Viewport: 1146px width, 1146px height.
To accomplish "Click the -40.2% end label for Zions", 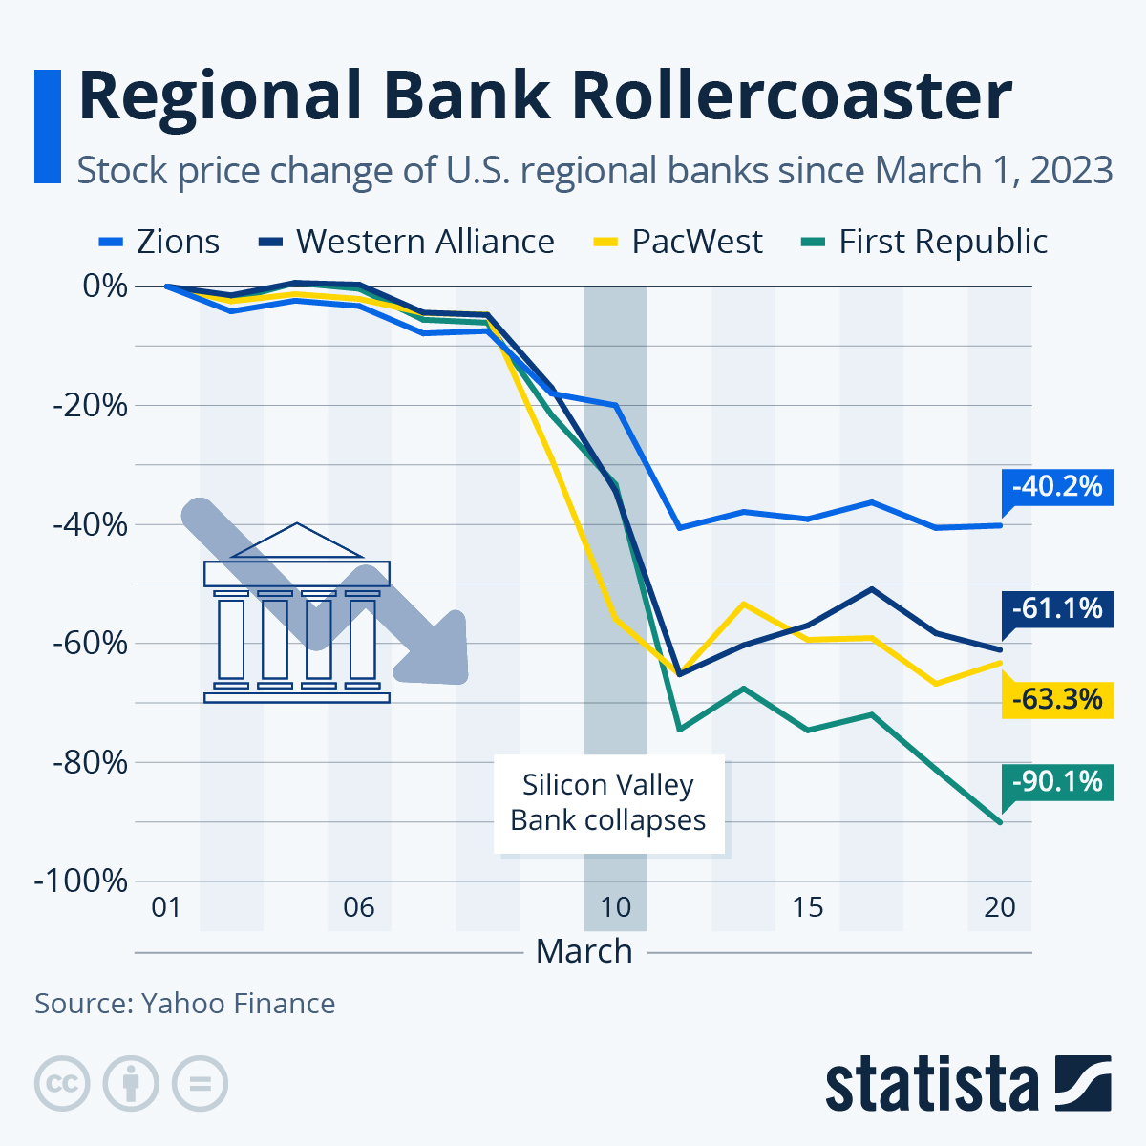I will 1057,487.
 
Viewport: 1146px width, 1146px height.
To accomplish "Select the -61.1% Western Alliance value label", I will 1057,608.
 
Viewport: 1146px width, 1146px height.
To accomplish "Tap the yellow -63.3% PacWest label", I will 1057,699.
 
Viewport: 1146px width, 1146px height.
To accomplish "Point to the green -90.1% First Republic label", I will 1057,782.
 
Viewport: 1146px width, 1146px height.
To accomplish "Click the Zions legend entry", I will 159,242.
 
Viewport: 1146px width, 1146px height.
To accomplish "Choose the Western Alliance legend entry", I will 407,242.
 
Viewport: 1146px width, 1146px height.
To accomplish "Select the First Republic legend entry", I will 923,242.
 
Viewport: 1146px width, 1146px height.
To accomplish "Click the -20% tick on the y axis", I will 90,406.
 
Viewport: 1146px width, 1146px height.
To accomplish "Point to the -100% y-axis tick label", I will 81,881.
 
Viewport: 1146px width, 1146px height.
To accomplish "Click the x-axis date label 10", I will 615,906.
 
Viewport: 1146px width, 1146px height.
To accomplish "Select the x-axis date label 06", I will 359,906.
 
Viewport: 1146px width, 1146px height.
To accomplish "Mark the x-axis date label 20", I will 999,906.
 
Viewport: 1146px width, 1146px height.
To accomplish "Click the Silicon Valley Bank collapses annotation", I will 608,802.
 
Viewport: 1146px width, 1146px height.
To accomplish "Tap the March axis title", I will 584,951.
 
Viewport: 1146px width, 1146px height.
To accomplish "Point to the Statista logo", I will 967,1085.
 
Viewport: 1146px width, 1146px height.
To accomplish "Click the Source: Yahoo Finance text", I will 185,1004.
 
